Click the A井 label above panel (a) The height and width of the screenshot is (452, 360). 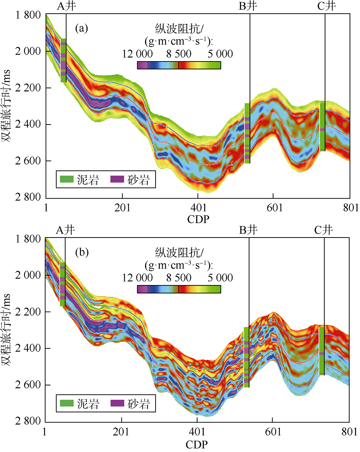(x=66, y=6)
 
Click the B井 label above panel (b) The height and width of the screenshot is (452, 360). (x=248, y=230)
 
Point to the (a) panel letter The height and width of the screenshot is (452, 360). (x=81, y=28)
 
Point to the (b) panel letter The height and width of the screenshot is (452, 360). (x=81, y=252)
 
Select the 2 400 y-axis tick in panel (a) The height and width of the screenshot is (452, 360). (x=28, y=124)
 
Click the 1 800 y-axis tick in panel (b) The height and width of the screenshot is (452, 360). (x=28, y=239)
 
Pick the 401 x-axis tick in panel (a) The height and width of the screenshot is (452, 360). (x=198, y=208)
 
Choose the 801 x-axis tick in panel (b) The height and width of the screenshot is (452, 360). (x=349, y=431)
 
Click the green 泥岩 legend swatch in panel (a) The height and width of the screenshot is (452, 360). (x=67, y=179)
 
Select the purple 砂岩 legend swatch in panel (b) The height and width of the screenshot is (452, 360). (x=117, y=403)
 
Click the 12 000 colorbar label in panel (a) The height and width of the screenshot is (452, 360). (x=138, y=54)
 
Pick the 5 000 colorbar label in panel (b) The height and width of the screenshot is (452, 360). (x=220, y=278)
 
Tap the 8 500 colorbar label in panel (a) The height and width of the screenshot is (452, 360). (x=179, y=54)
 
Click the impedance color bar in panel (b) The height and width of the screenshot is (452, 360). (x=179, y=289)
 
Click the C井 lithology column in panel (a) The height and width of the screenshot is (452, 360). (x=323, y=126)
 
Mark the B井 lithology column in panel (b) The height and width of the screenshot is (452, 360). (x=247, y=357)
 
